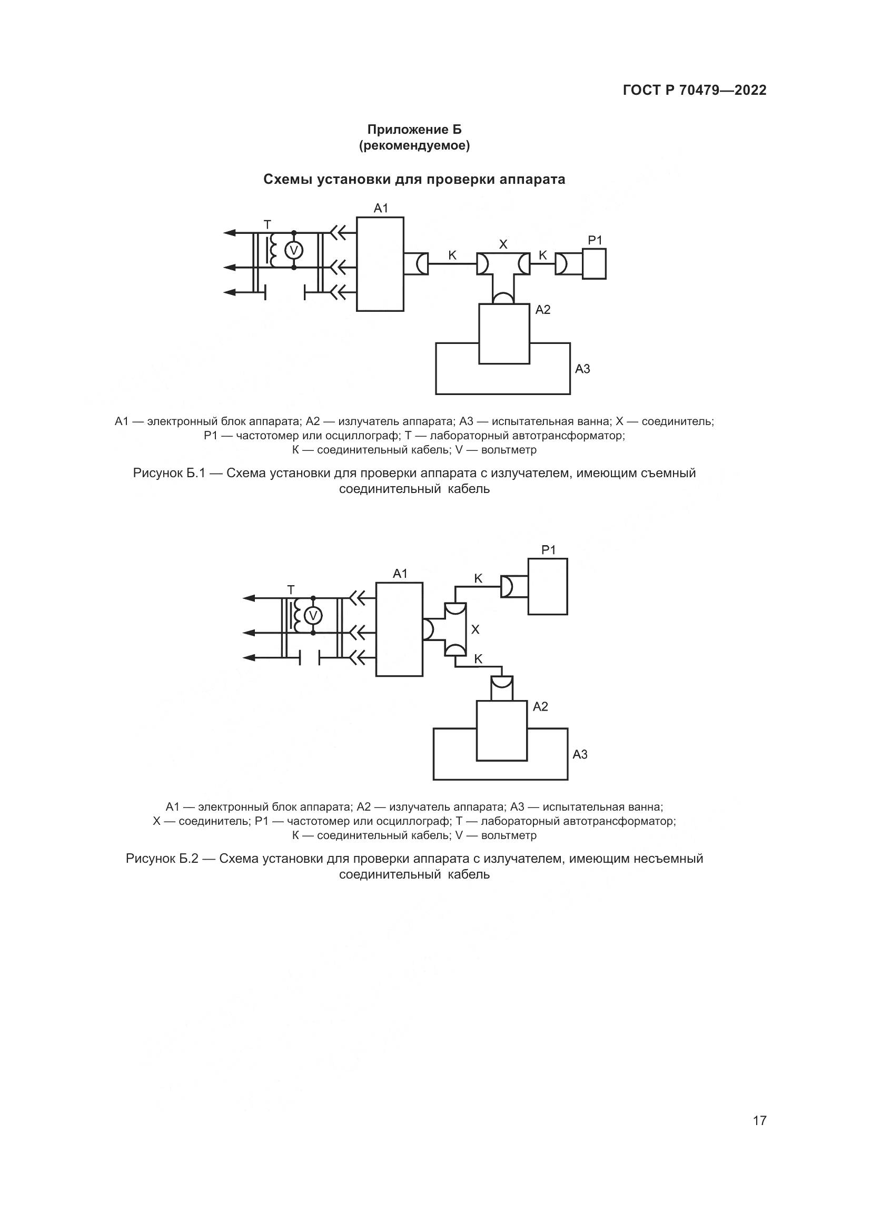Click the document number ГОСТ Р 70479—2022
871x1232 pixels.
695,90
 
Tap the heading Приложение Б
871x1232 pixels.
414,130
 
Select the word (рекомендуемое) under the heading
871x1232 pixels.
414,145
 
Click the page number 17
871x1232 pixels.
759,1106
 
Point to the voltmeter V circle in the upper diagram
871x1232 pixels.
293,250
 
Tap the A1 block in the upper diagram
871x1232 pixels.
380,264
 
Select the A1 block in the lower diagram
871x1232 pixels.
399,629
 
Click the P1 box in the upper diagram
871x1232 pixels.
594,263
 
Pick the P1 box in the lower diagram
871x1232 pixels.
548,586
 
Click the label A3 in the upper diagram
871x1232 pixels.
582,369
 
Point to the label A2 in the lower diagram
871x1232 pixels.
541,707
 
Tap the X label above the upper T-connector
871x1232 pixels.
503,245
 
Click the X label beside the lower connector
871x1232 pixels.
475,629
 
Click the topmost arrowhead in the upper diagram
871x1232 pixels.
230,232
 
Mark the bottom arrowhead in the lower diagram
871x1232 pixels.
249,657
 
